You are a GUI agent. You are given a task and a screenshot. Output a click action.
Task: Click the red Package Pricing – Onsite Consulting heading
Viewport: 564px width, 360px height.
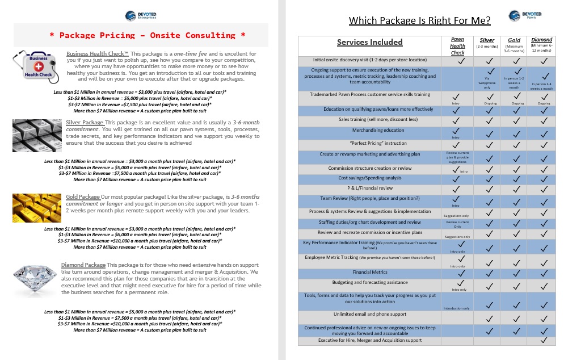(x=148, y=35)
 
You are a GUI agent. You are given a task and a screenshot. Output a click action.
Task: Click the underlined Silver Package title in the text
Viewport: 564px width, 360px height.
(x=85, y=122)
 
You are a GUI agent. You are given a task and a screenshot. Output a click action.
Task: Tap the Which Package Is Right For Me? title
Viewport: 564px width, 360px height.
(x=419, y=21)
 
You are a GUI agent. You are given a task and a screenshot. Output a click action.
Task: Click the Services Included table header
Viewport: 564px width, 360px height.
(x=369, y=42)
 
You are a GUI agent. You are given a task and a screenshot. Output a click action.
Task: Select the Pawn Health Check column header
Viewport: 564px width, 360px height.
(x=457, y=46)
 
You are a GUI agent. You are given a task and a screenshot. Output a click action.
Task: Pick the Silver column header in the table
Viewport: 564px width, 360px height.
(x=487, y=40)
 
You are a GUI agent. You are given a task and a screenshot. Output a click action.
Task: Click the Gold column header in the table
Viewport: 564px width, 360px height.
(x=514, y=40)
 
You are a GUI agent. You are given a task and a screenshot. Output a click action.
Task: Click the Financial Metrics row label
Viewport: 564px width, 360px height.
(x=369, y=272)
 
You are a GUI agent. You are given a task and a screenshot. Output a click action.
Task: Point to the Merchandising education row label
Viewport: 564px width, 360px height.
(x=369, y=130)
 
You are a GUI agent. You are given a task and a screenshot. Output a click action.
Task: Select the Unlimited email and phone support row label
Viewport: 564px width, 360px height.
(x=369, y=314)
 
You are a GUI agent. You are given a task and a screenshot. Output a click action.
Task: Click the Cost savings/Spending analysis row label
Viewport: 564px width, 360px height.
(x=369, y=178)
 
